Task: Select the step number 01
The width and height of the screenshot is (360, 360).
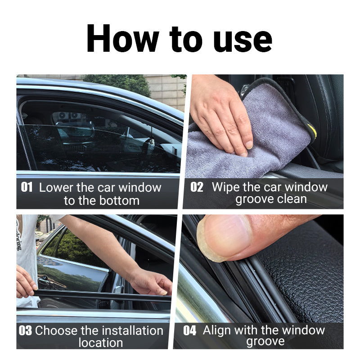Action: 27,187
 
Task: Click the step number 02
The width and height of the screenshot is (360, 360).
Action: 197,187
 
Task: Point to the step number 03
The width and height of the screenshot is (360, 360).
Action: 25,331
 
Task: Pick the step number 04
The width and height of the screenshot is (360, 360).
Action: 190,331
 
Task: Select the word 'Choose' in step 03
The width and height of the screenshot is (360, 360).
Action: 57,331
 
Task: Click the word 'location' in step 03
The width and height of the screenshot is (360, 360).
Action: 100,343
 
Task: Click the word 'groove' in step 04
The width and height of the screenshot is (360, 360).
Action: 265,342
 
